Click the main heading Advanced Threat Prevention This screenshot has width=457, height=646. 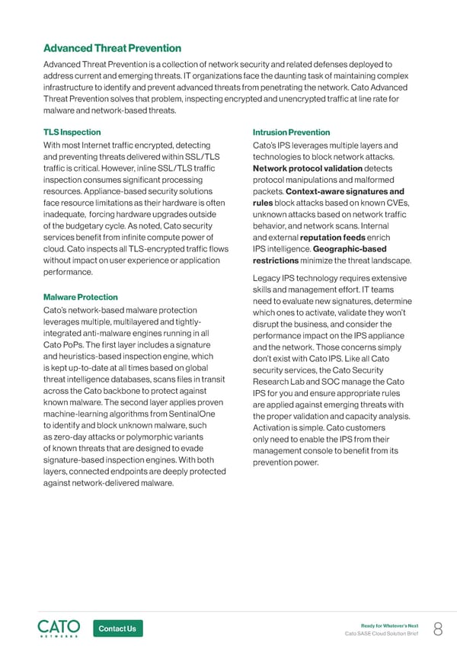(113, 49)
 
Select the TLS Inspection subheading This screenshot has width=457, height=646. (73, 132)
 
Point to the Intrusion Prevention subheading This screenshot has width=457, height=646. (291, 132)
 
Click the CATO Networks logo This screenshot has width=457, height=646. (59, 628)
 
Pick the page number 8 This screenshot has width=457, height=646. (438, 628)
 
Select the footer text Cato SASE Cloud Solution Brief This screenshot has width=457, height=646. (382, 634)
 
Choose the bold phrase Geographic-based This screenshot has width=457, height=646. (351, 248)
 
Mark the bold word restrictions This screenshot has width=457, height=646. (280, 260)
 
